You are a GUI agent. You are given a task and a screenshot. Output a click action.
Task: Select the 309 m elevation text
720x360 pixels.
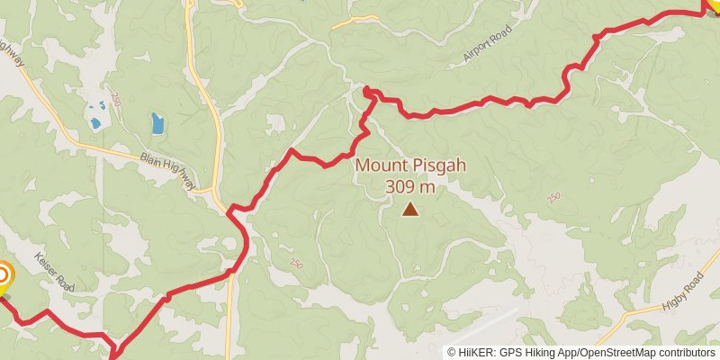coord(409,187)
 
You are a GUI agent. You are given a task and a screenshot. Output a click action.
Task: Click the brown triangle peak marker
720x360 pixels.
coord(410,210)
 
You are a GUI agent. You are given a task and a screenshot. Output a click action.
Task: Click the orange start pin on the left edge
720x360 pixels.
coord(3,275)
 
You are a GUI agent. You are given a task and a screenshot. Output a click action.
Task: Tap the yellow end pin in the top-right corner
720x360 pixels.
coord(714,5)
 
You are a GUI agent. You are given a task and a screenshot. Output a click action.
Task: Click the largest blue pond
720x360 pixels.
coord(157,123)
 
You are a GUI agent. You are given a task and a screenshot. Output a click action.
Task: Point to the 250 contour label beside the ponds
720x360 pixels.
coord(116,97)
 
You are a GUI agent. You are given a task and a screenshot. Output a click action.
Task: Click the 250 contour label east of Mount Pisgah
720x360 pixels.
coord(553,197)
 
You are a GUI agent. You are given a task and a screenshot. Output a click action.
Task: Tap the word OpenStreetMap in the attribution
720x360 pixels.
coord(618,353)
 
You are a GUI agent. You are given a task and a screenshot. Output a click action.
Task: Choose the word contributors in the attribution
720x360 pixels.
coord(688,353)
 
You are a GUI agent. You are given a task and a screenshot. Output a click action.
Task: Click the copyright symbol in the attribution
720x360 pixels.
coord(452,353)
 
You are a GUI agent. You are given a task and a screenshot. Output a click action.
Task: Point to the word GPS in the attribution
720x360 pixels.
coord(512,353)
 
